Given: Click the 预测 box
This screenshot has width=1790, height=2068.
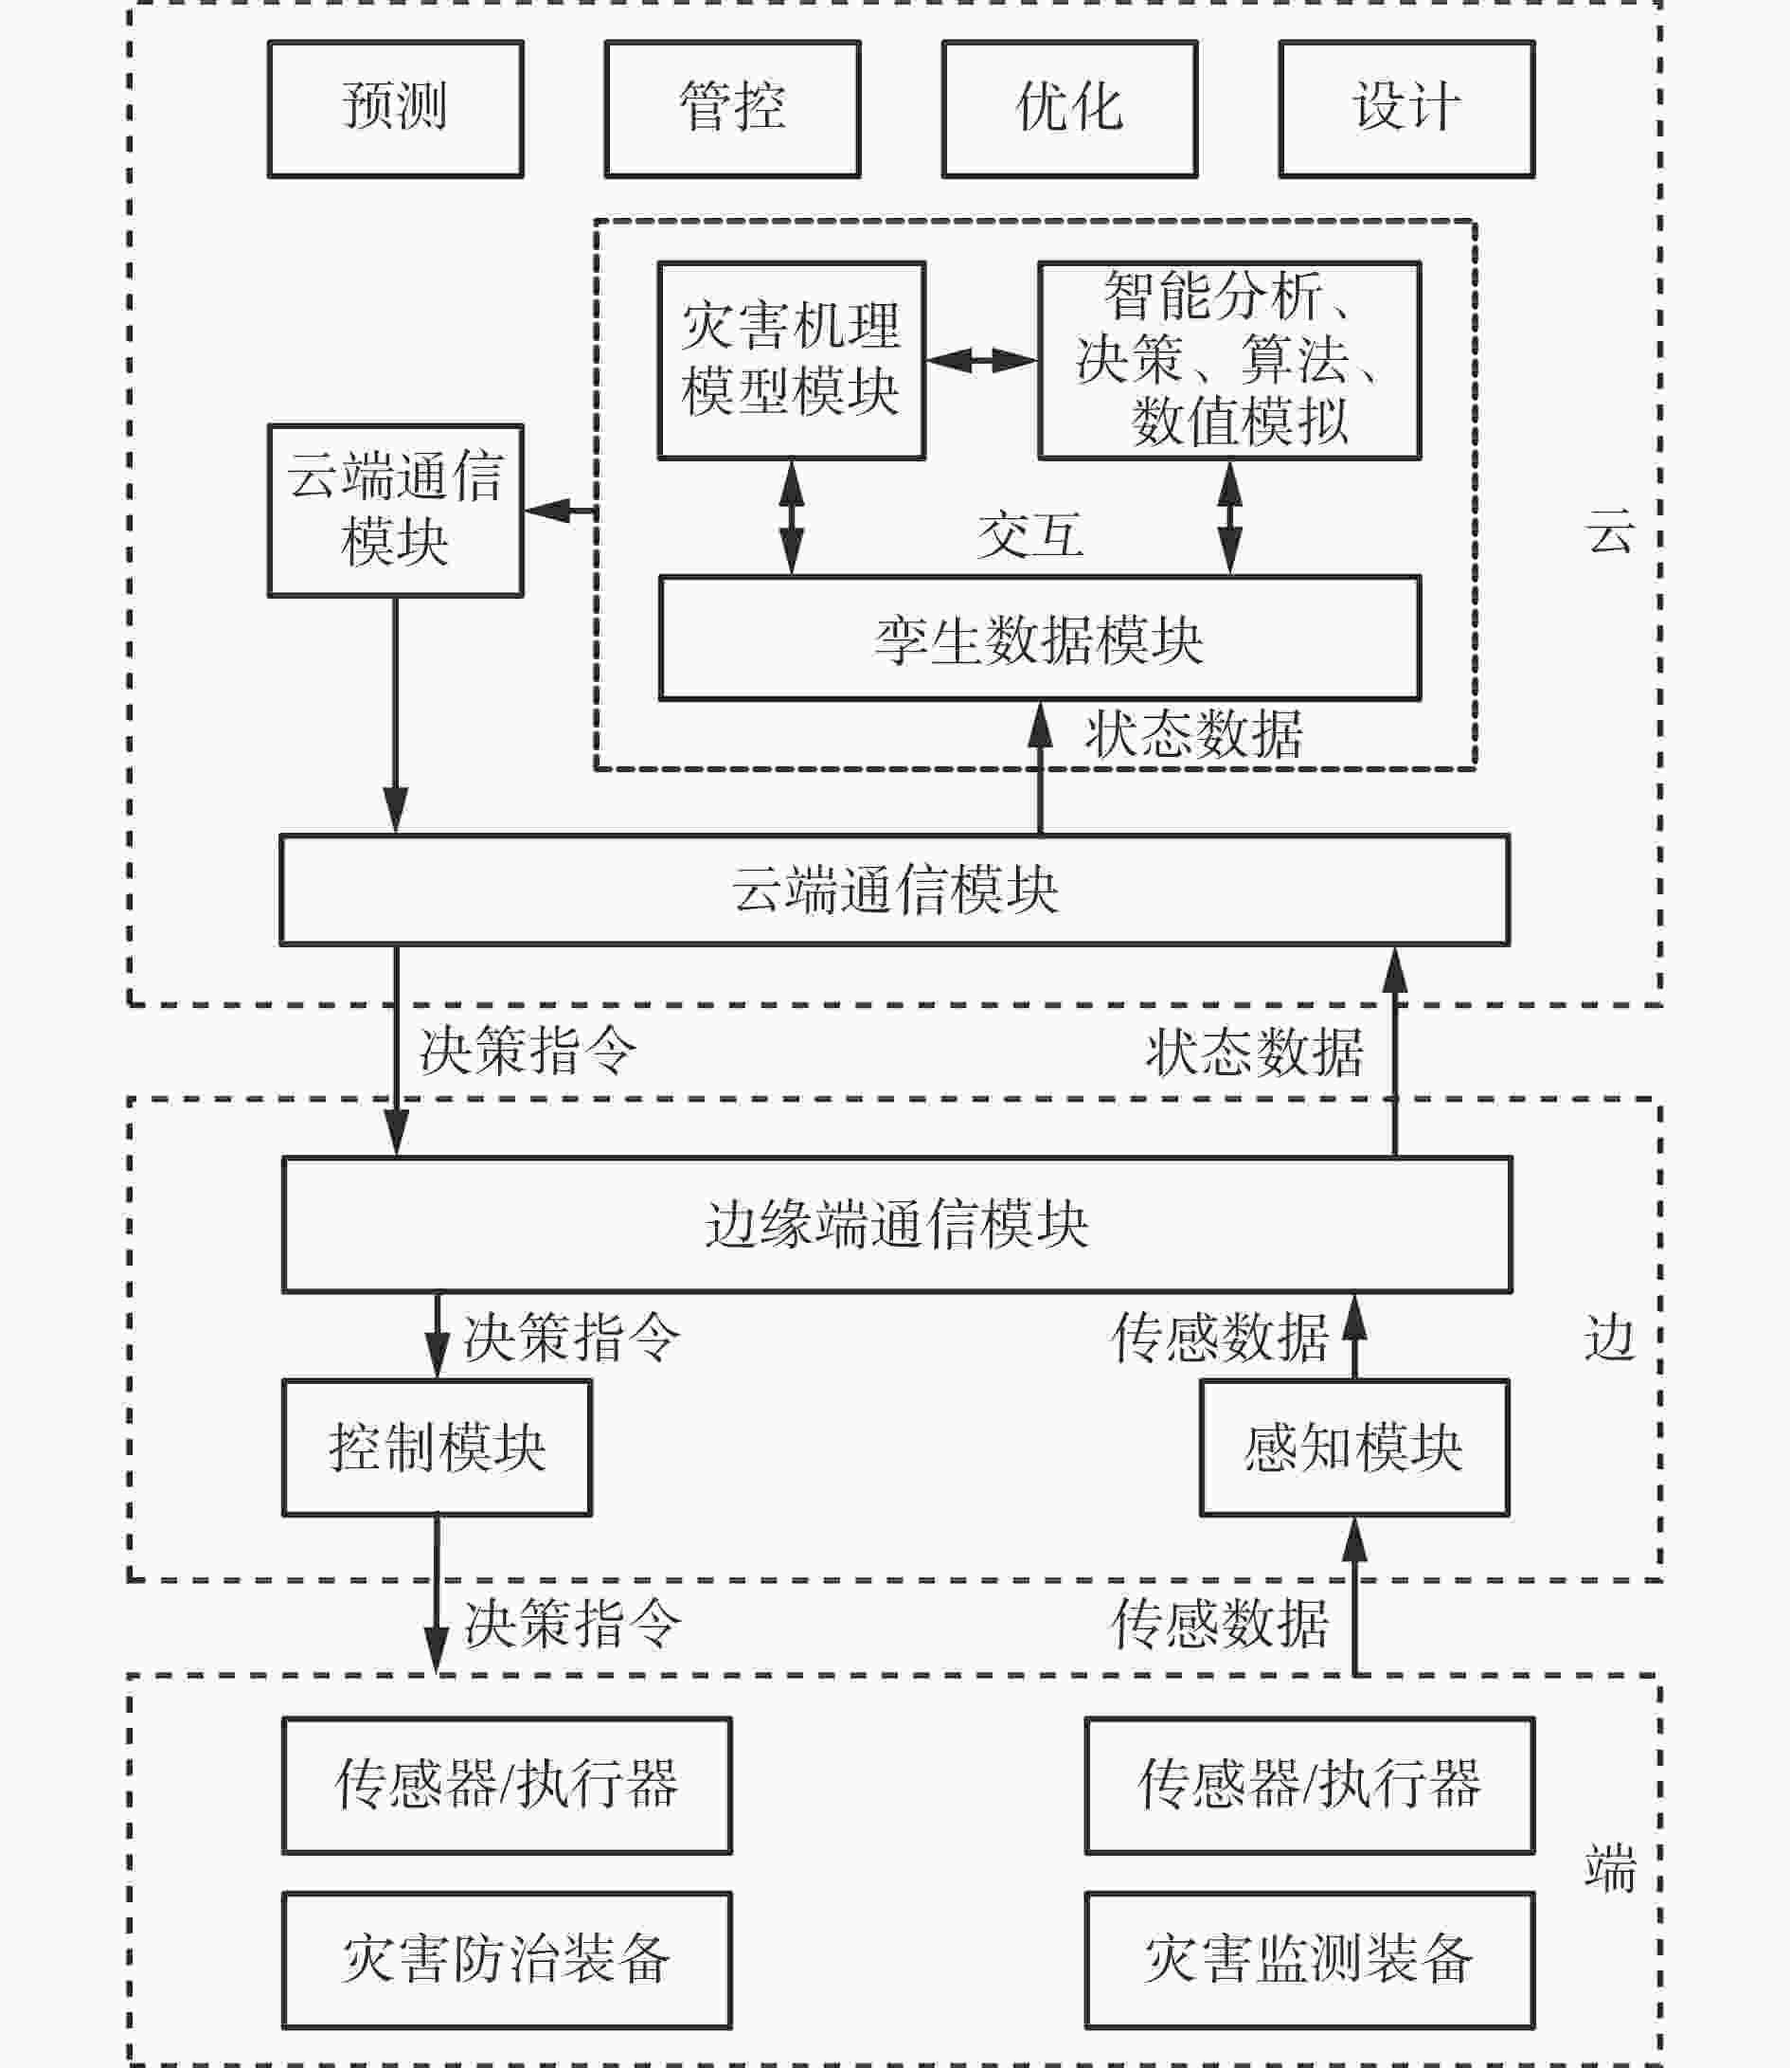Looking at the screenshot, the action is click(x=396, y=109).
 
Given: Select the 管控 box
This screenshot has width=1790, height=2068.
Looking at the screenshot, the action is click(x=732, y=109).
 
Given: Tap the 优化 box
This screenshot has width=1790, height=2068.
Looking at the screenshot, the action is click(x=1070, y=109).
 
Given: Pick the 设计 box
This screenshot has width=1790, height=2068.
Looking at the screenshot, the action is click(x=1406, y=109).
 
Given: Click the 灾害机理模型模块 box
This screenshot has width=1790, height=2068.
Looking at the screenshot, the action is click(x=791, y=361).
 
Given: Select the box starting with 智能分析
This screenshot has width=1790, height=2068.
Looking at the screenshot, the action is click(x=1229, y=361).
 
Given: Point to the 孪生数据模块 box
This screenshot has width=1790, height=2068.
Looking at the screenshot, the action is click(x=1040, y=638).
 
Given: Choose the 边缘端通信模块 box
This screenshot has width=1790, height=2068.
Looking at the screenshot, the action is click(x=897, y=1225).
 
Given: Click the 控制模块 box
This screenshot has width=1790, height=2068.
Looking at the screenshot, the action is click(x=437, y=1448).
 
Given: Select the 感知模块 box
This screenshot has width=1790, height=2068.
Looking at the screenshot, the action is click(x=1353, y=1448).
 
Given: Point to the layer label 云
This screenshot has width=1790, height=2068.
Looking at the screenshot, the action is click(x=1610, y=530).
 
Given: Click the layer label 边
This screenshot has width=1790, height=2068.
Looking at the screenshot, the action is click(x=1610, y=1338).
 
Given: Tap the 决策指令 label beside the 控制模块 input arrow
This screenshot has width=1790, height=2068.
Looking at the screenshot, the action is click(x=571, y=1337).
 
